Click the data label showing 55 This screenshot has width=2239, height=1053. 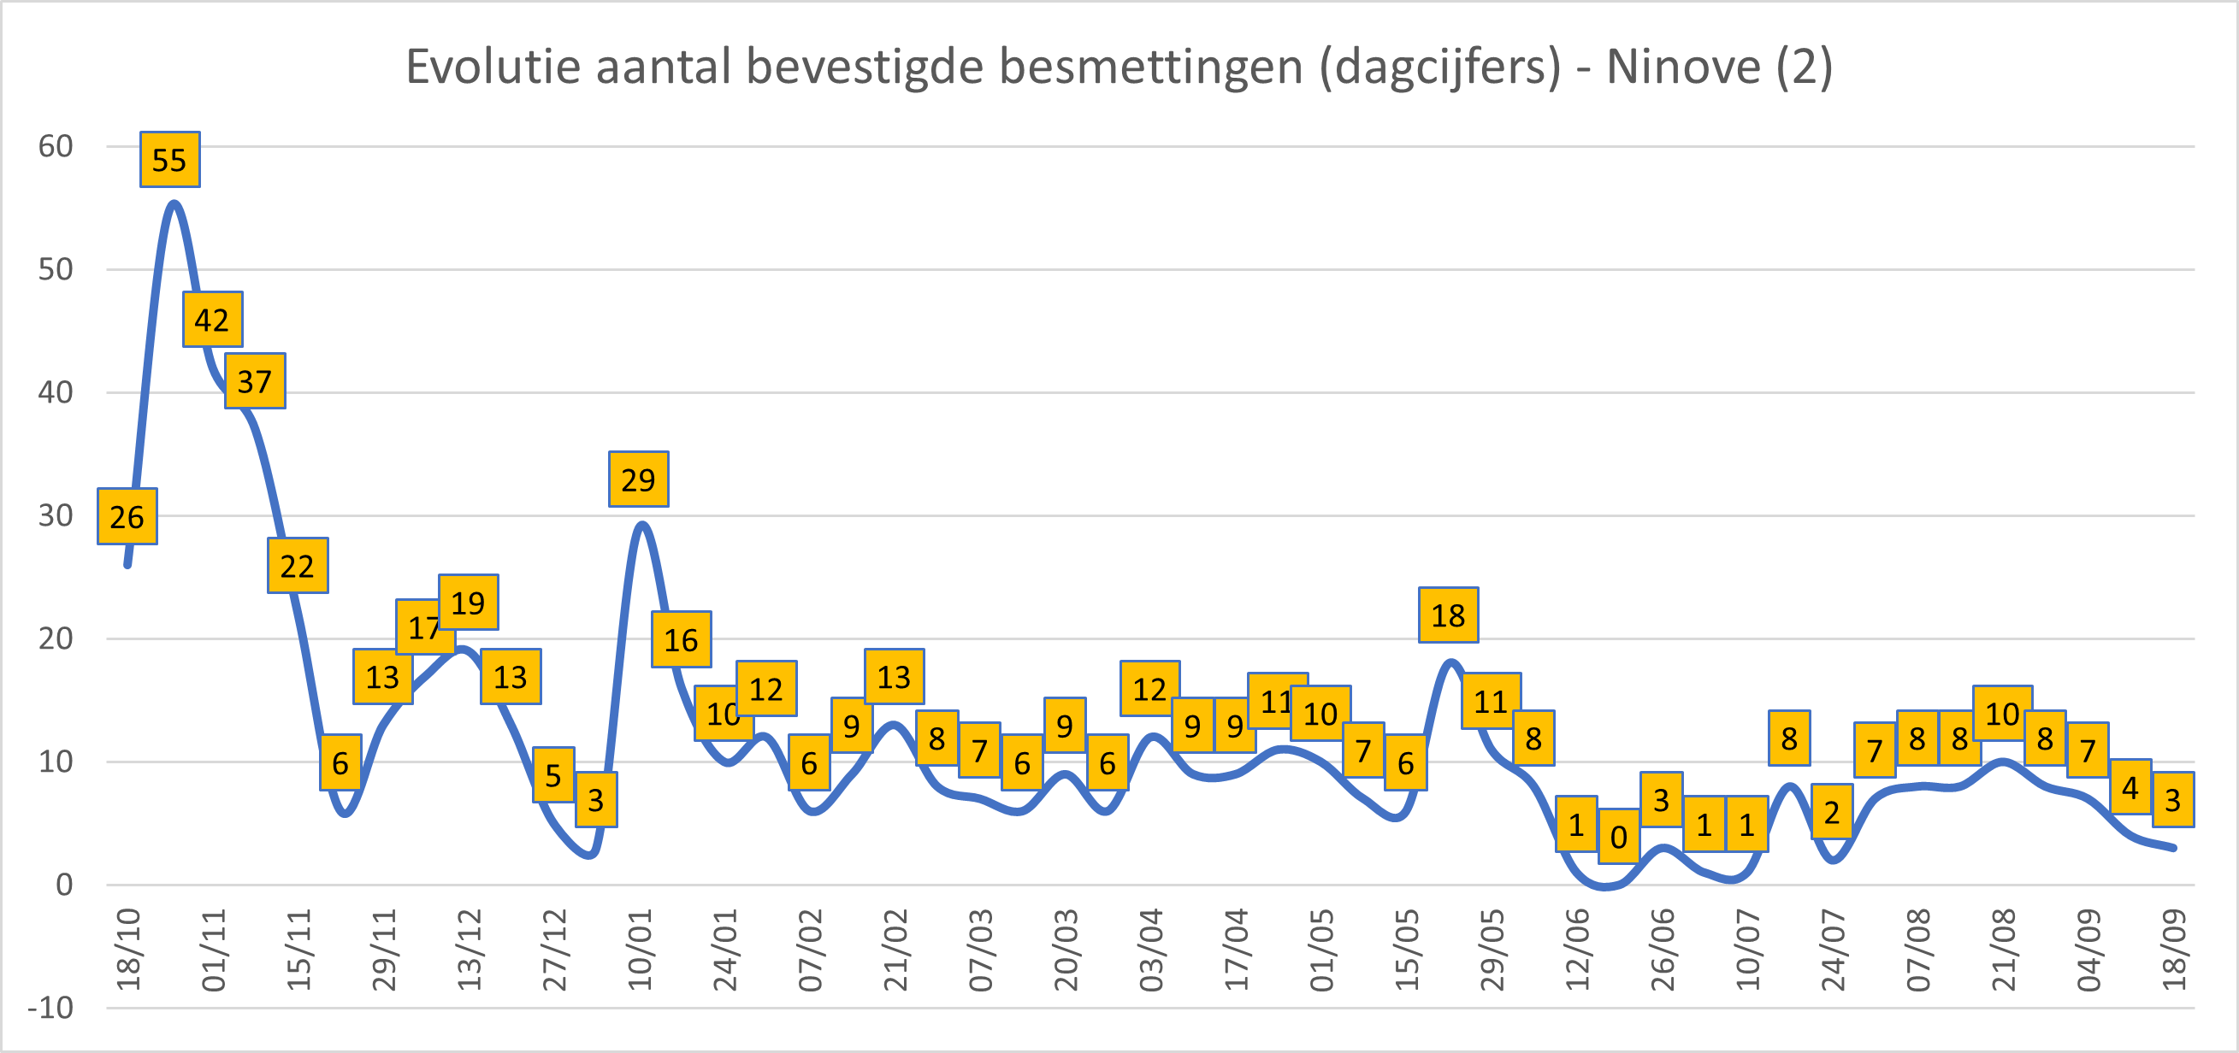(x=169, y=160)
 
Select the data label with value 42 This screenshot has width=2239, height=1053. (x=212, y=320)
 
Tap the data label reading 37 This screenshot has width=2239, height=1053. (x=255, y=381)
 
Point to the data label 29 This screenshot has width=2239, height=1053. (x=638, y=479)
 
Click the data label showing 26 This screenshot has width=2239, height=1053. (x=127, y=517)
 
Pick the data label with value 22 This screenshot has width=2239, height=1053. (x=298, y=567)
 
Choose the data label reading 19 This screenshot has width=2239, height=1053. (x=468, y=602)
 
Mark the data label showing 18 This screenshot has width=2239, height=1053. (x=1448, y=615)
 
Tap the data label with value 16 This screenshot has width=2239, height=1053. (x=682, y=640)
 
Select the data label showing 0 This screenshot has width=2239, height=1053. (x=1618, y=838)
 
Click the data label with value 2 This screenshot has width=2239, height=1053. (x=1831, y=812)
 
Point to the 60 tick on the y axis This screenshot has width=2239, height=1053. (x=55, y=146)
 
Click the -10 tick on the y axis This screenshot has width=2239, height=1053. (x=50, y=1008)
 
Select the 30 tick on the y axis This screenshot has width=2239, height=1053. (x=55, y=515)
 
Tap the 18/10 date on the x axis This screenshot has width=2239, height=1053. (x=128, y=950)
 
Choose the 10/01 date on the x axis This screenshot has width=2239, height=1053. (x=640, y=950)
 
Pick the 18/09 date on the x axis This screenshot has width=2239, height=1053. (x=2173, y=950)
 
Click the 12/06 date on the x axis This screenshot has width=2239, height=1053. (x=1577, y=950)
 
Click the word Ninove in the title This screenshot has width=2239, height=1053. (x=1683, y=67)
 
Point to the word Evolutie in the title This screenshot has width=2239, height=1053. (x=493, y=67)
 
